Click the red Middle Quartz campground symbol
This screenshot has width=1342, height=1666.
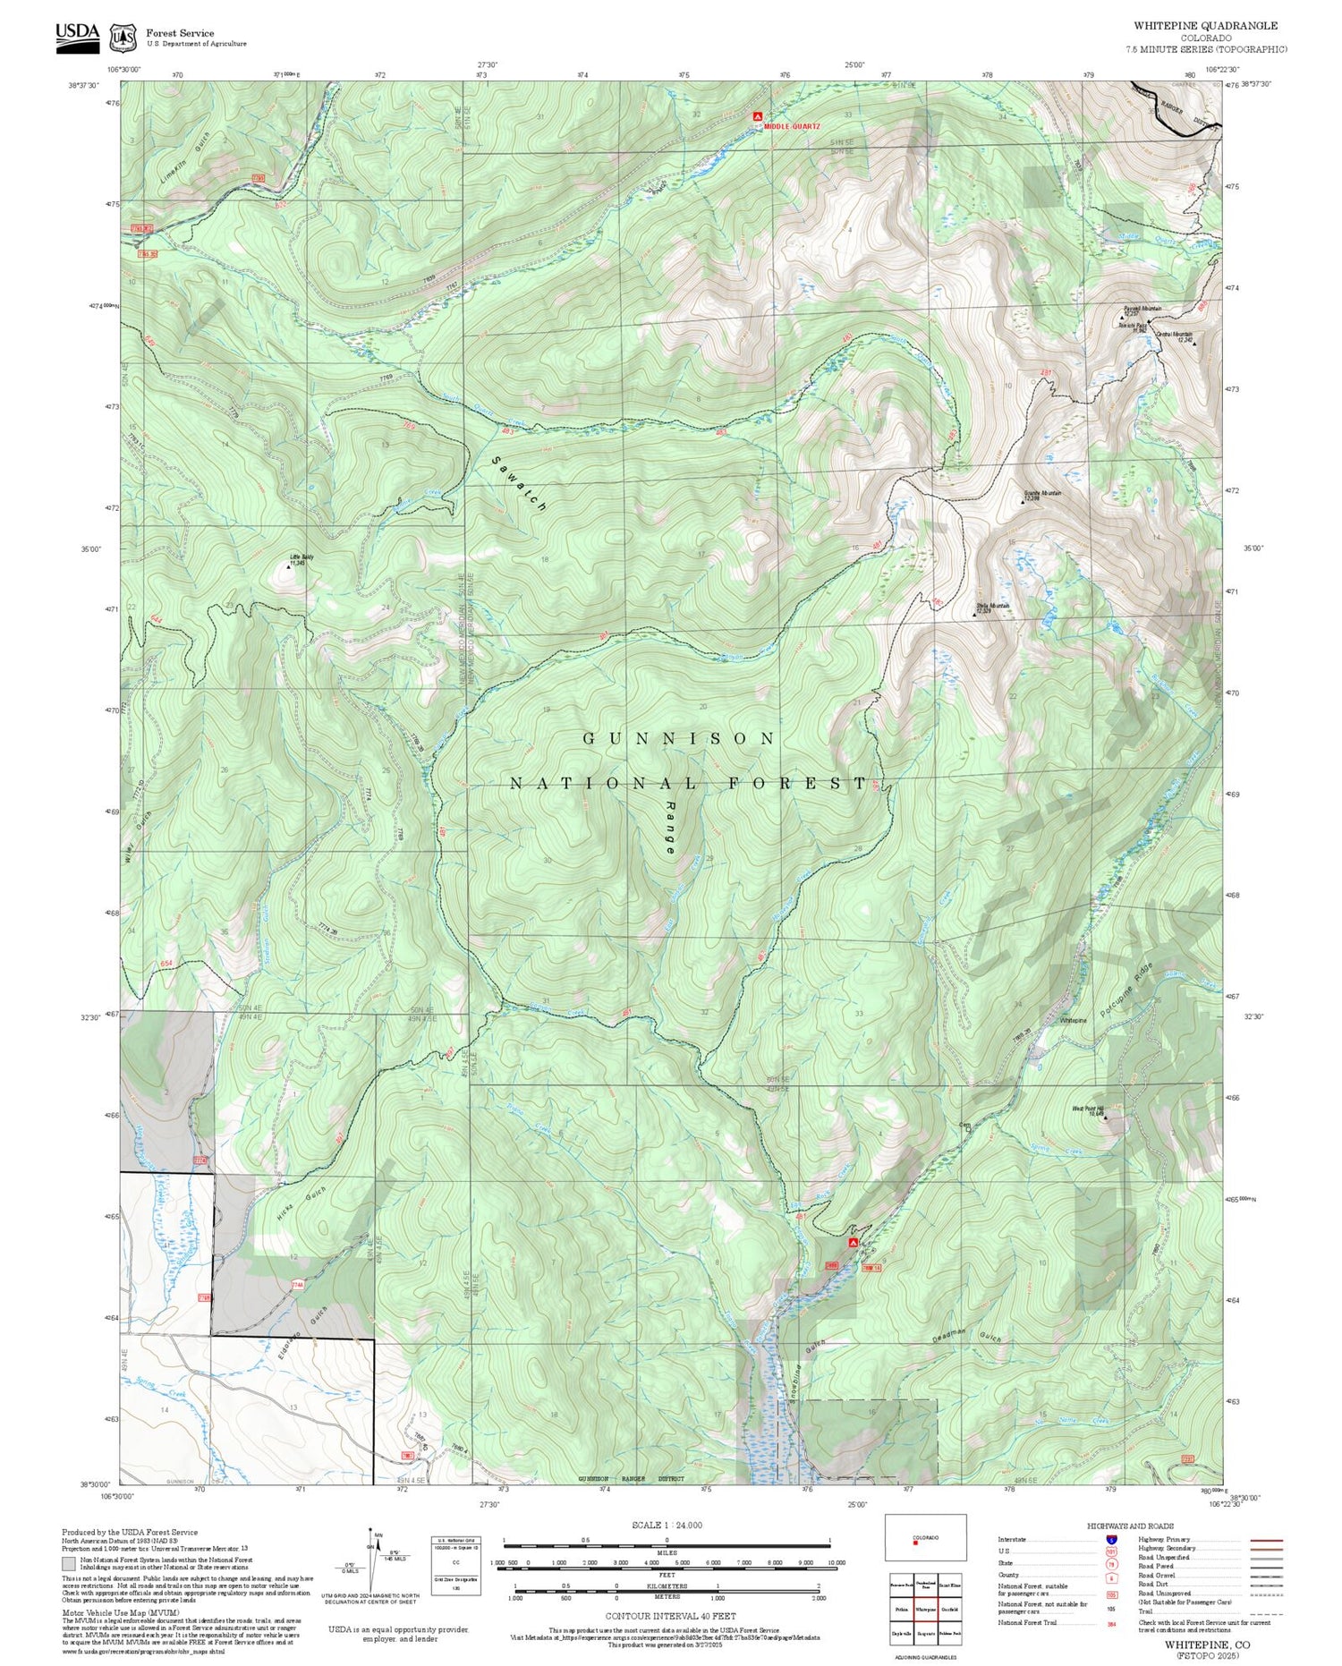(758, 116)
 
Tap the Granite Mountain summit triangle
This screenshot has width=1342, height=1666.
(1024, 502)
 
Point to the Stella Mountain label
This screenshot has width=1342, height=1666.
(992, 606)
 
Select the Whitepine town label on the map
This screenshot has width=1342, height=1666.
(1073, 1020)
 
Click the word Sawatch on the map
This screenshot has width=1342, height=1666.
(519, 484)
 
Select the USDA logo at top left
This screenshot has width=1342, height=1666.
(78, 37)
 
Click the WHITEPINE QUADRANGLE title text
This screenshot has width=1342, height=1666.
(1205, 26)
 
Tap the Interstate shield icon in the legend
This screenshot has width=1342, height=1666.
(1111, 1539)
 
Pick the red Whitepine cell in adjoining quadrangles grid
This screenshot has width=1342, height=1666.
(926, 1609)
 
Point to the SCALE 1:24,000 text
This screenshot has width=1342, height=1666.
(667, 1525)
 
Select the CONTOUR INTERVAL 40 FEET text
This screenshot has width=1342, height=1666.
(670, 1616)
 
